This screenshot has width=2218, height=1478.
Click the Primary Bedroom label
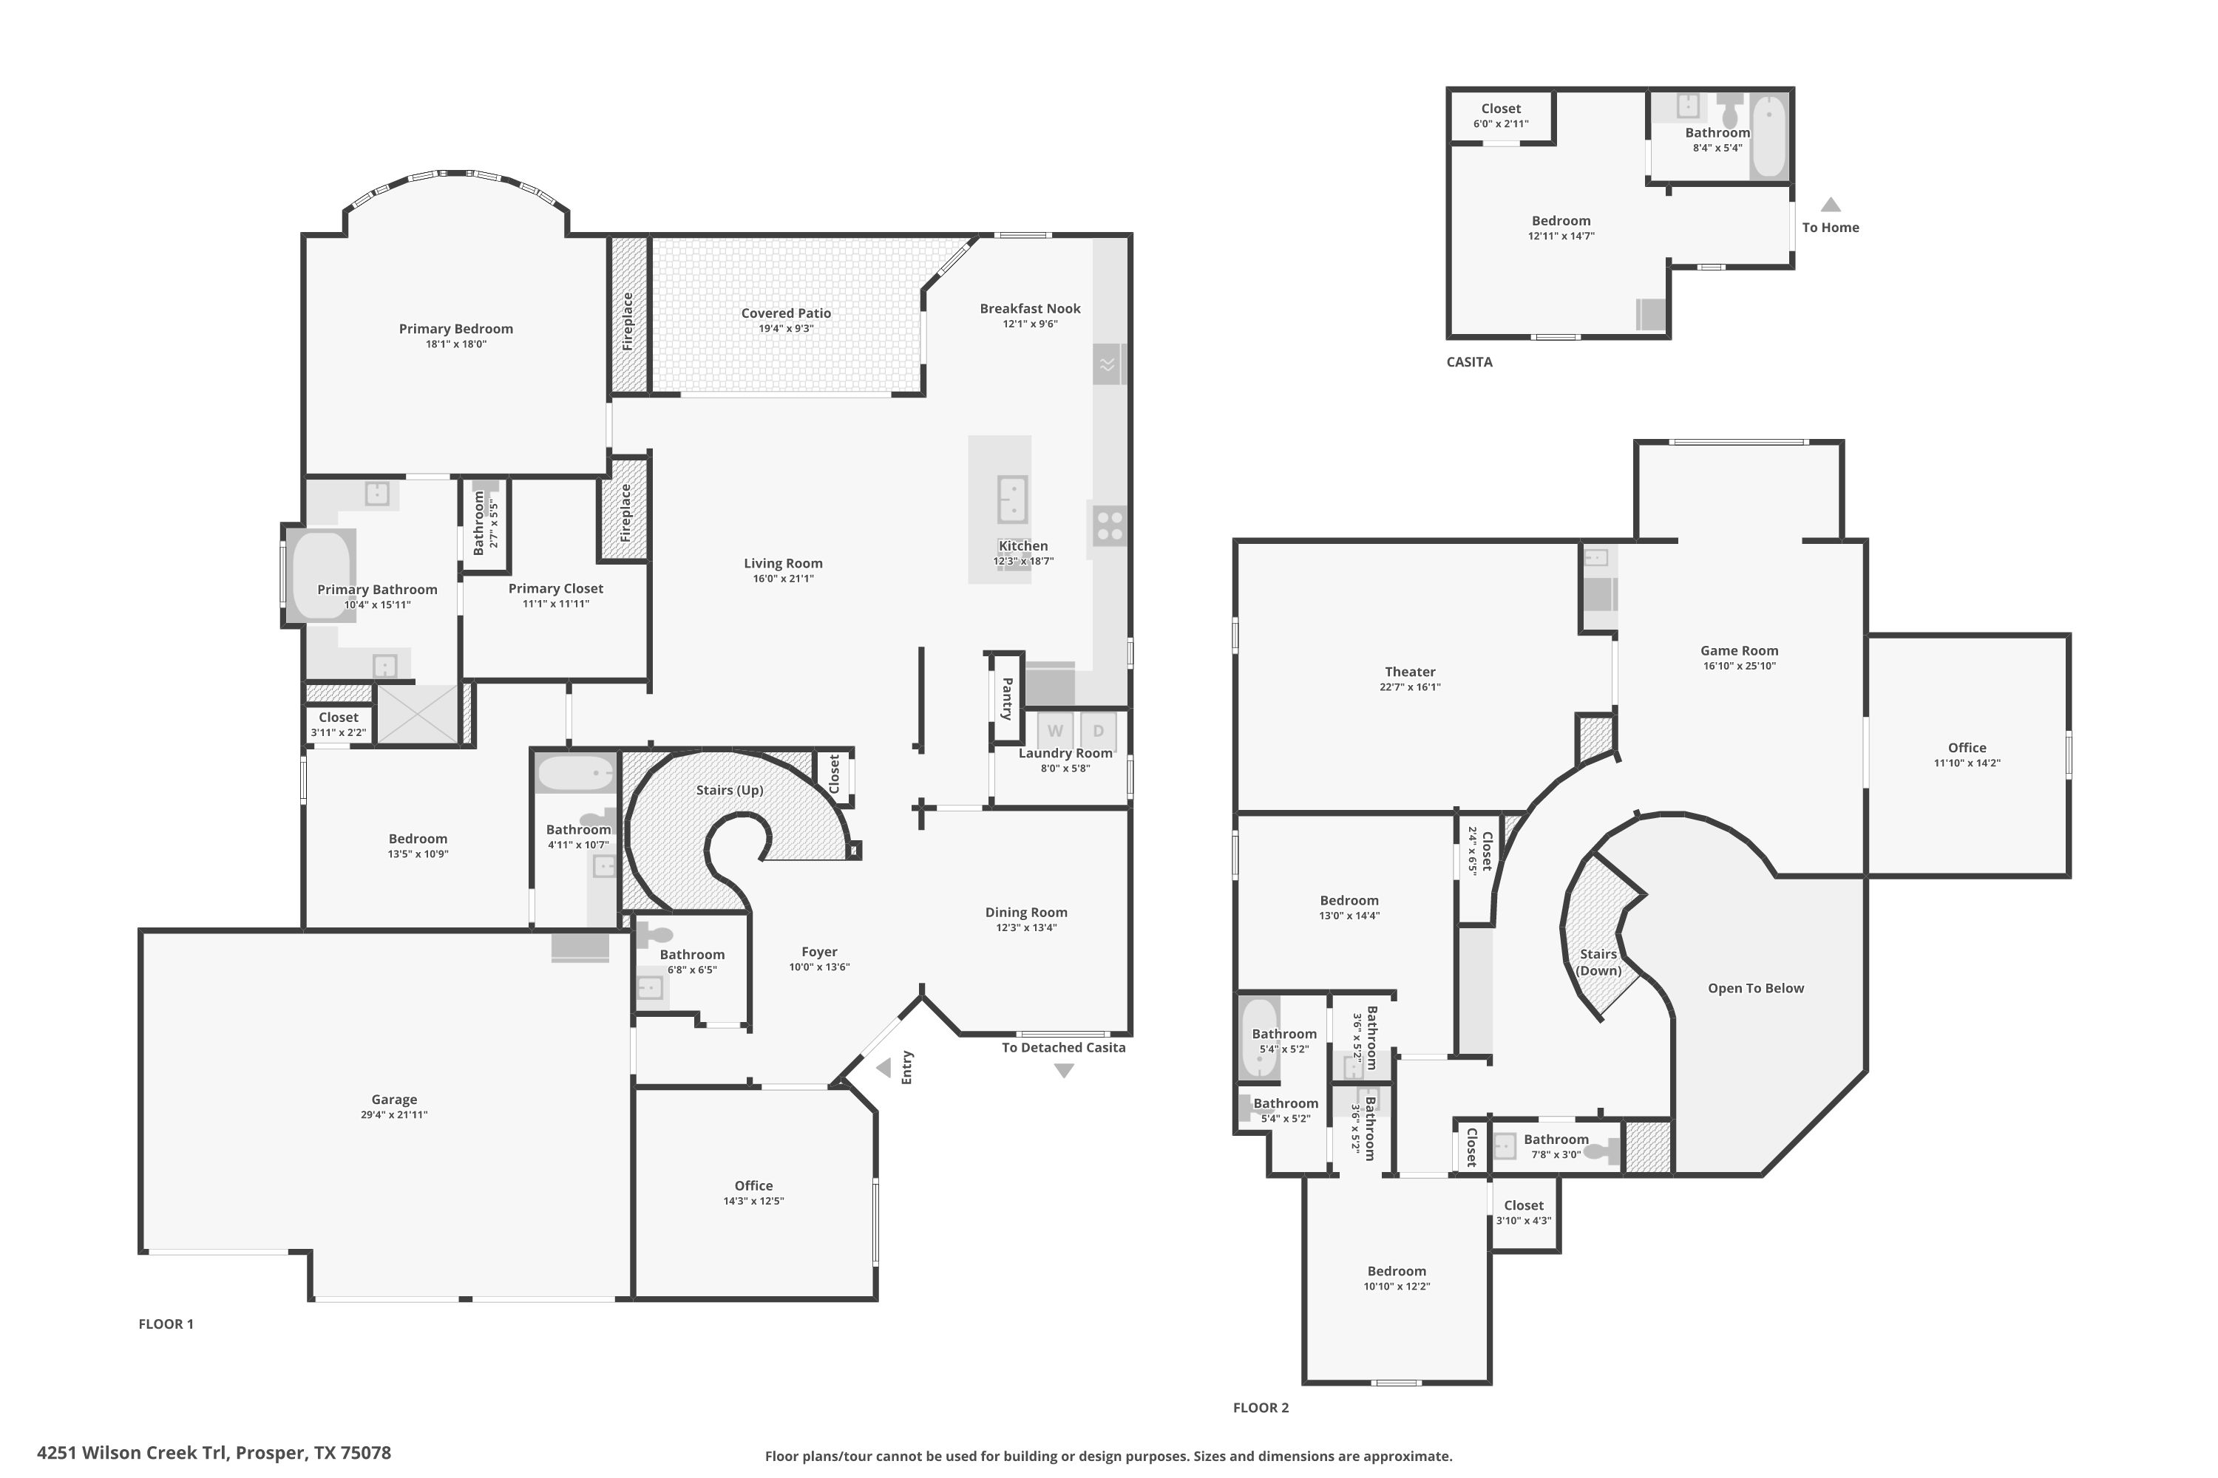coord(455,329)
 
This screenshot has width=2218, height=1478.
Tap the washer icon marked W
coord(1054,731)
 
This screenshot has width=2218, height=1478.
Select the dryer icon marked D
coord(1098,731)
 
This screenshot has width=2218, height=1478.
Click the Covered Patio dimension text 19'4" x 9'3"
coord(785,329)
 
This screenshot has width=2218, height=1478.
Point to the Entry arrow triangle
coord(884,1068)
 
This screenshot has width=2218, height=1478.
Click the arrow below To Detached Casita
coord(1064,1071)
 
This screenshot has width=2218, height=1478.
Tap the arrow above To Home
coord(1829,205)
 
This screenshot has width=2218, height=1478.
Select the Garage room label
coord(393,1099)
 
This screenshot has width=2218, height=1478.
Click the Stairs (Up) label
coord(729,790)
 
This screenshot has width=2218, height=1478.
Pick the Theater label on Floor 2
coord(1410,672)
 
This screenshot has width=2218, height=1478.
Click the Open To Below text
coord(1755,988)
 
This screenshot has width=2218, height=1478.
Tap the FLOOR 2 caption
coord(1260,1407)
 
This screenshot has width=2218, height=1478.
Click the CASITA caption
coord(1468,362)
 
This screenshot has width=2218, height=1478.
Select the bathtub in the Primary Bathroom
coord(321,575)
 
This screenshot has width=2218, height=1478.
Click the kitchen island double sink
coord(1012,500)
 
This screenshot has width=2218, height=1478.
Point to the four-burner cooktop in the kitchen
coord(1110,525)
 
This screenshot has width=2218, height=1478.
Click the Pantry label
coord(1006,698)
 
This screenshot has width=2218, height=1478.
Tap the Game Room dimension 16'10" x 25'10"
coord(1739,666)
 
